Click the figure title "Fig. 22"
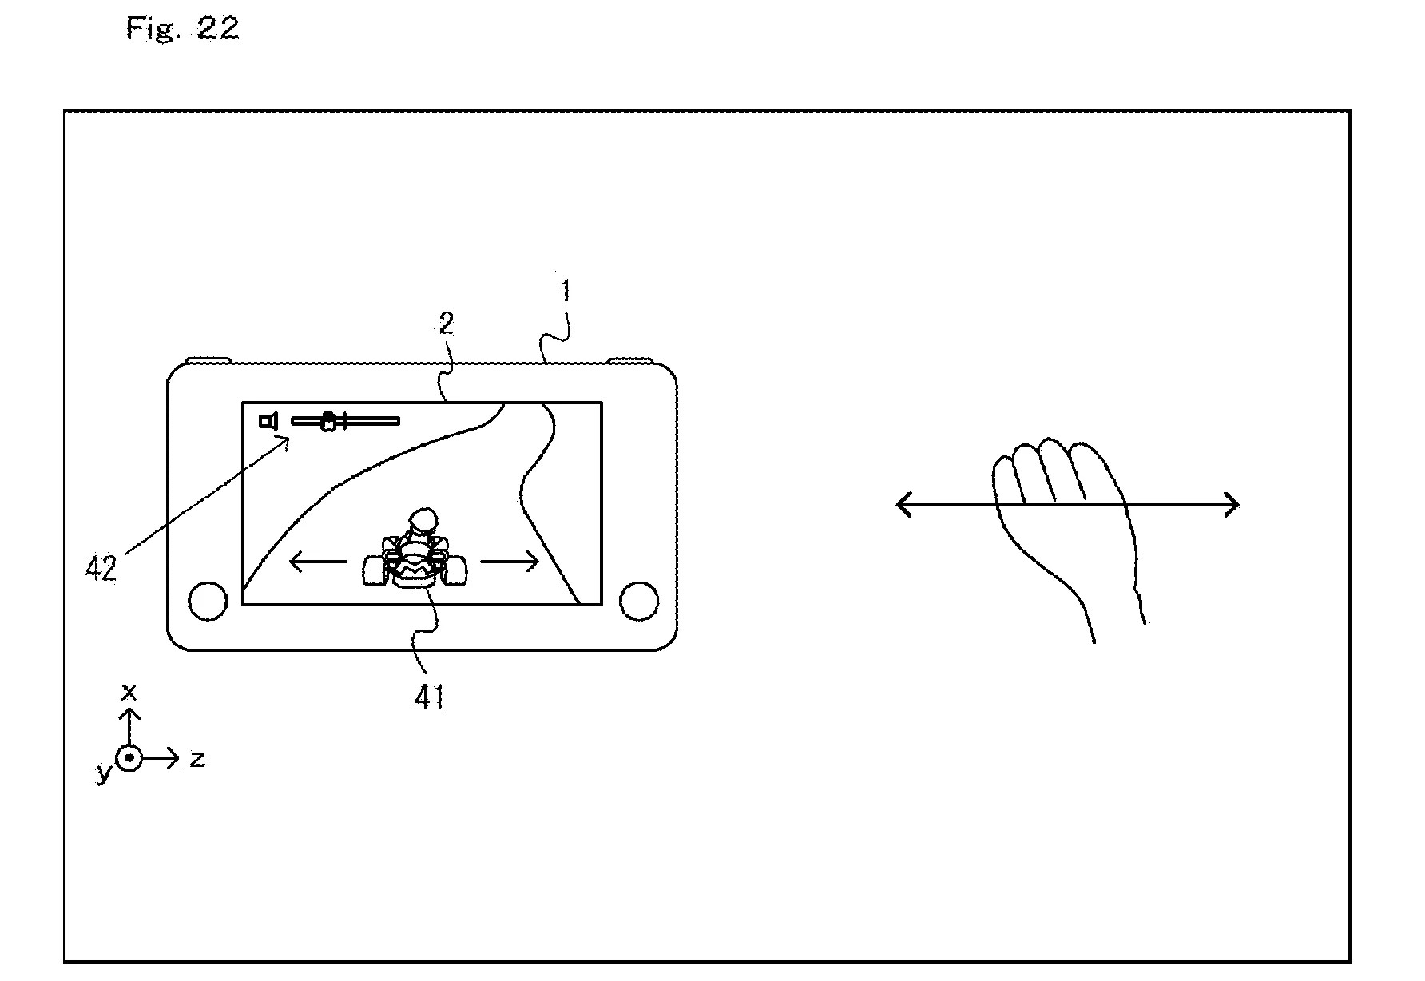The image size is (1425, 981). (x=183, y=29)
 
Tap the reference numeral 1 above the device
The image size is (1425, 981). (x=566, y=292)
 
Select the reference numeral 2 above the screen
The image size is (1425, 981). (x=446, y=324)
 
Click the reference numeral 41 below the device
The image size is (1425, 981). (x=429, y=697)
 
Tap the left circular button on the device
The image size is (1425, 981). (x=208, y=600)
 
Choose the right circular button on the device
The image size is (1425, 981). (x=639, y=600)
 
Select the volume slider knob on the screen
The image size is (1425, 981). (x=327, y=421)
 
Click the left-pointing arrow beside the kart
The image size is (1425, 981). (x=317, y=562)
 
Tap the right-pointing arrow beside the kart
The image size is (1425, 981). (x=510, y=562)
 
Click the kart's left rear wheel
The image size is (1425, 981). (x=375, y=570)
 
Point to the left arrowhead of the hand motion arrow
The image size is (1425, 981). (x=903, y=504)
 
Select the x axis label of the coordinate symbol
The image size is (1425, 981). (x=128, y=690)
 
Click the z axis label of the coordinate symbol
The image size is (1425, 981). (x=197, y=759)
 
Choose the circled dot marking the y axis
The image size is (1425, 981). (x=129, y=757)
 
